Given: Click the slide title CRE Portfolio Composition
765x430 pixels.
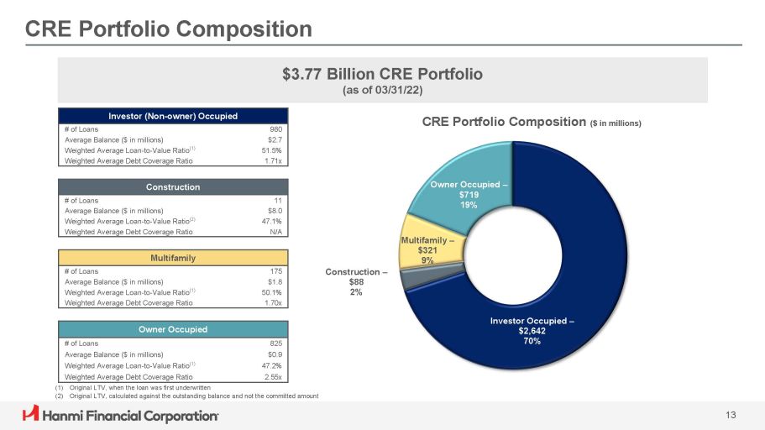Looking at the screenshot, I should point(168,29).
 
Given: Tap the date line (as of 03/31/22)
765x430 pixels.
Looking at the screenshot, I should point(382,90).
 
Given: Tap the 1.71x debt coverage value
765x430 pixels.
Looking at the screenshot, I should point(270,160).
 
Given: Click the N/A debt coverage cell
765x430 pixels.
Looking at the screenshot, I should point(274,231).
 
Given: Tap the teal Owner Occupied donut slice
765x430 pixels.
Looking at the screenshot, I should point(458,189).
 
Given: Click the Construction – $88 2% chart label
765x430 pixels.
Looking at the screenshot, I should point(356,281).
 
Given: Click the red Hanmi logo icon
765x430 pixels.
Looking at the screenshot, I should point(30,415).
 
